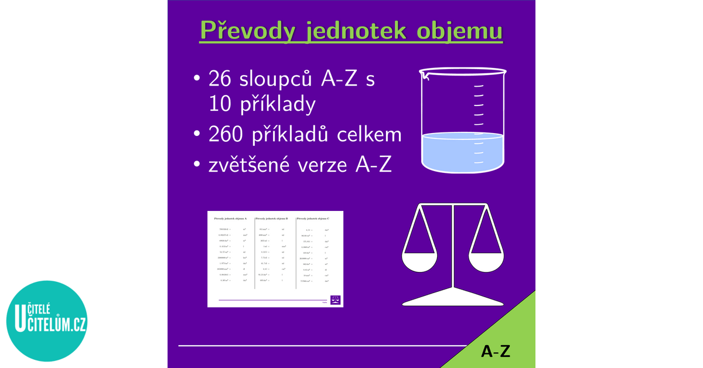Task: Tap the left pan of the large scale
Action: pos(418,261)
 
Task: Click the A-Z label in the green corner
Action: pos(496,351)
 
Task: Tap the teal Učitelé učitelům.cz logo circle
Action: pos(46,321)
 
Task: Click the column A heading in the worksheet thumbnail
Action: pos(230,218)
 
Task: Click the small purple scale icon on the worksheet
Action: pos(336,298)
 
